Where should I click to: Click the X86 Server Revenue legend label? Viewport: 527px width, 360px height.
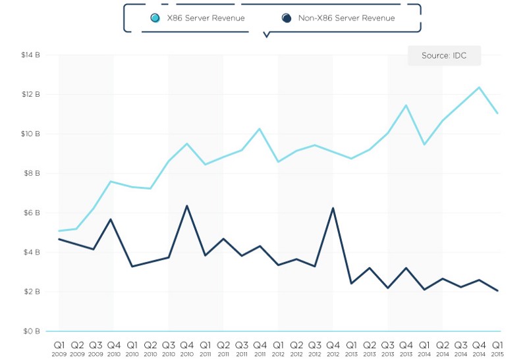coord(205,18)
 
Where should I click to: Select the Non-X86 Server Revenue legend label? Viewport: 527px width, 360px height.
coord(347,18)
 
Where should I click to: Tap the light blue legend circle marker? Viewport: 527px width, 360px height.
coord(155,18)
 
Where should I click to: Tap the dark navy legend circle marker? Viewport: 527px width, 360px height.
coord(287,18)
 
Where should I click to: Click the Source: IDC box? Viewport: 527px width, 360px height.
coord(444,56)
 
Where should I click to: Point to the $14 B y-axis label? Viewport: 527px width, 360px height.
coord(31,55)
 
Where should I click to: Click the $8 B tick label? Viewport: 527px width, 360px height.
coord(32,174)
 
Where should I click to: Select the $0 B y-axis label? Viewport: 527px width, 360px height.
coord(32,331)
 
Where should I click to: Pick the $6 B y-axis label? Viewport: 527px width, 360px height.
coord(32,213)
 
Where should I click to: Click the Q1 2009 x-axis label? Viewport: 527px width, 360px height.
coord(59,347)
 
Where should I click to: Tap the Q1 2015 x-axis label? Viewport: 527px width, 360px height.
coord(497,347)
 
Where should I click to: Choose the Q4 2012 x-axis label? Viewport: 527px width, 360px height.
coord(333,347)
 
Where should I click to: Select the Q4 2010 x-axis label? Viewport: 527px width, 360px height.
coord(187,347)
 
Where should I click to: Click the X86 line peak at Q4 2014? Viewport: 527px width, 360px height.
coord(479,87)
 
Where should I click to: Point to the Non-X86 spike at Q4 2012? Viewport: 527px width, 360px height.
coord(333,208)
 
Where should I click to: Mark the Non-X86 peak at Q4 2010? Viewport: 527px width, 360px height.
coord(187,206)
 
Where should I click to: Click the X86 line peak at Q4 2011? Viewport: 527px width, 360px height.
coord(260,128)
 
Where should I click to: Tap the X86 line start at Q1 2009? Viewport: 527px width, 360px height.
coord(59,231)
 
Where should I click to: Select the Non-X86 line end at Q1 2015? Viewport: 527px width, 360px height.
coord(497,291)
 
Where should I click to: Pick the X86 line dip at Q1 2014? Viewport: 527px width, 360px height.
coord(424,144)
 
